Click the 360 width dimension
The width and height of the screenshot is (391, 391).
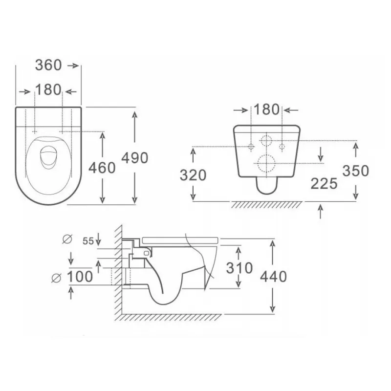pyautogui.click(x=48, y=65)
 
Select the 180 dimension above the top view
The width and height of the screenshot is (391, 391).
pyautogui.click(x=48, y=90)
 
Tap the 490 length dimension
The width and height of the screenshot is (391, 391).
pyautogui.click(x=135, y=158)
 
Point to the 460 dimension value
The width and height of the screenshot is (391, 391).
pyautogui.click(x=102, y=168)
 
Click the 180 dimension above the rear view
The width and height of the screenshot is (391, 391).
pyautogui.click(x=266, y=109)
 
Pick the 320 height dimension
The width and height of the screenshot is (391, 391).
pyautogui.click(x=193, y=175)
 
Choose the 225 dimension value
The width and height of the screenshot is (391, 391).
pyautogui.click(x=324, y=184)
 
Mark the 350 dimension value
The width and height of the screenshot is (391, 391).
pyautogui.click(x=356, y=171)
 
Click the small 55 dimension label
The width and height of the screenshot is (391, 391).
pyautogui.click(x=88, y=241)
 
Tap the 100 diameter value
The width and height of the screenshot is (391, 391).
pyautogui.click(x=80, y=277)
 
